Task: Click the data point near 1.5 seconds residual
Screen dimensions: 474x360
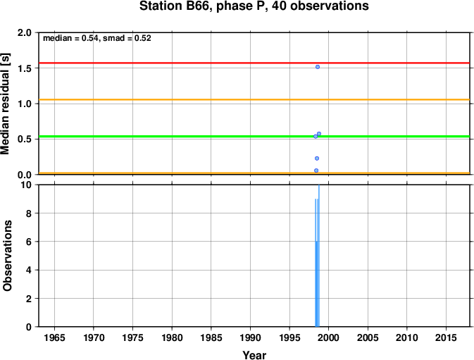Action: [318, 67]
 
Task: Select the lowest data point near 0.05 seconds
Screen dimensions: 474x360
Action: [316, 170]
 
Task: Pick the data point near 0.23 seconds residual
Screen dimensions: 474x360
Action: [317, 159]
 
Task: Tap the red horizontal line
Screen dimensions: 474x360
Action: [254, 63]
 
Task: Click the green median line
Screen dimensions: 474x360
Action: [254, 137]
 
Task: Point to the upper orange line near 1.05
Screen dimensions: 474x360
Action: [254, 99]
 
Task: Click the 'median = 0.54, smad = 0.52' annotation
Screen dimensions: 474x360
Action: [97, 38]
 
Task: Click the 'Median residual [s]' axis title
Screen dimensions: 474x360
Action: [6, 104]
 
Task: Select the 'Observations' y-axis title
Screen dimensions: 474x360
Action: [7, 256]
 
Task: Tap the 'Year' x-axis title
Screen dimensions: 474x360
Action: [254, 355]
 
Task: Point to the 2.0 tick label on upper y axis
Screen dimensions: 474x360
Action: [25, 32]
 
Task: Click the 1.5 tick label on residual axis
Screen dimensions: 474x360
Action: [25, 68]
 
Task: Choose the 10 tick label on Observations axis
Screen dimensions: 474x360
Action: [26, 185]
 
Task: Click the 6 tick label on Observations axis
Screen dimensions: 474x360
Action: [29, 242]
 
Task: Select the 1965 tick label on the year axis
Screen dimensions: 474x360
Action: [54, 337]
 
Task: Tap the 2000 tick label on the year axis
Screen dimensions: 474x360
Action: [329, 337]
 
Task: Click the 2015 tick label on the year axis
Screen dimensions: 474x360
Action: [446, 337]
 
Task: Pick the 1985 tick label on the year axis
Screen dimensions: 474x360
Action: [211, 337]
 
